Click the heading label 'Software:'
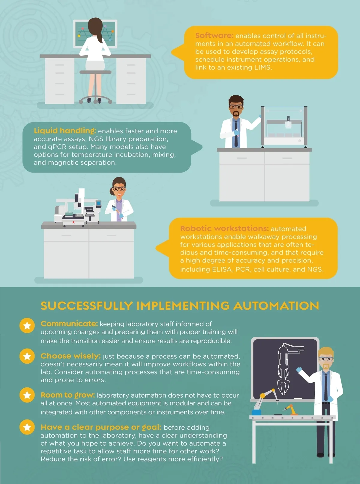point(214,35)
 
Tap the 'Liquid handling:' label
point(65,131)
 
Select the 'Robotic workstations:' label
point(224,228)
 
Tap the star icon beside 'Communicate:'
point(27,326)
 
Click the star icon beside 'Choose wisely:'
point(27,356)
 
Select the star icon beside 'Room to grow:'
point(27,395)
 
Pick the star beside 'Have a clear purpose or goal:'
point(27,427)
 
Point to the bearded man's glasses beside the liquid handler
point(236,107)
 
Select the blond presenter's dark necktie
point(326,386)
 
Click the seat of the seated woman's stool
point(95,72)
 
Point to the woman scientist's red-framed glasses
point(119,189)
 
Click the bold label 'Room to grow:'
point(67,395)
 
